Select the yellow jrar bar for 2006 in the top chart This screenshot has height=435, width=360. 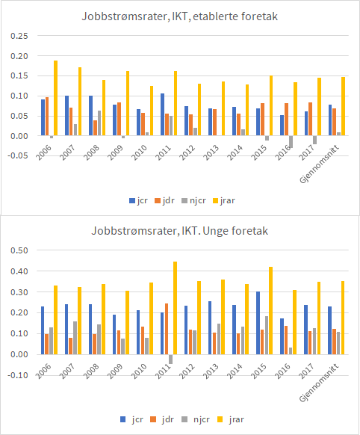tap(56, 98)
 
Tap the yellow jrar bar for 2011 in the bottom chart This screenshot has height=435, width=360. tap(175, 308)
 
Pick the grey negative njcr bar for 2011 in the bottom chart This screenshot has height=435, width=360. tap(170, 359)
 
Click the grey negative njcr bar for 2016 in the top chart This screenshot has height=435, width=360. tap(290, 142)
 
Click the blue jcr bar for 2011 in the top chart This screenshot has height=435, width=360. tap(162, 114)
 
